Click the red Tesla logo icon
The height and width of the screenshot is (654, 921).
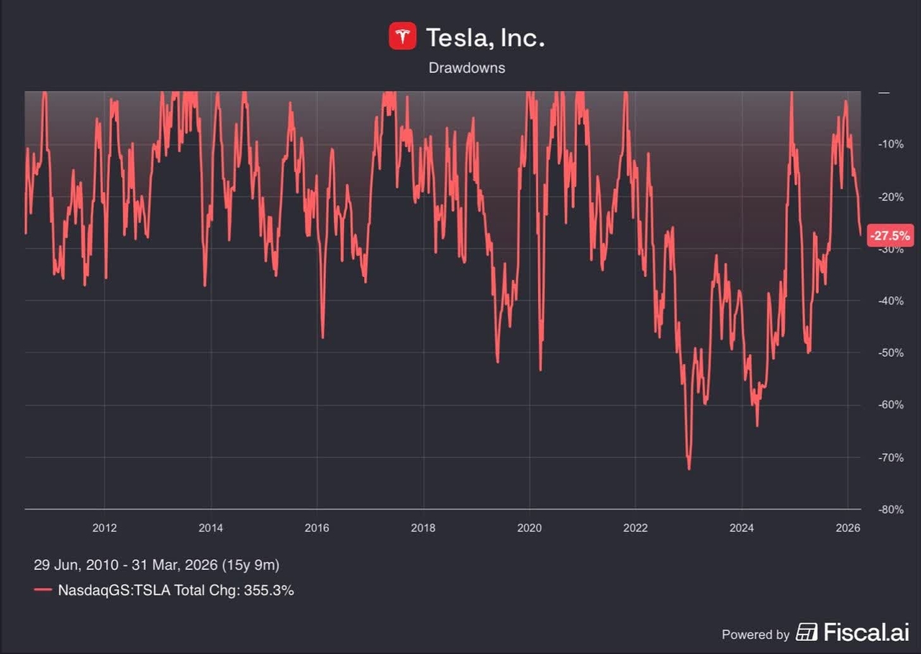click(402, 36)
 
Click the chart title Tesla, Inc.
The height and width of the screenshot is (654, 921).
click(485, 37)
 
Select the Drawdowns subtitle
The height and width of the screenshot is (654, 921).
click(467, 68)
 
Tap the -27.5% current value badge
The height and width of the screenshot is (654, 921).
click(890, 235)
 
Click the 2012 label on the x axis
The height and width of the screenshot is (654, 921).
click(104, 527)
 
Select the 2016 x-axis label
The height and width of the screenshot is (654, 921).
click(317, 527)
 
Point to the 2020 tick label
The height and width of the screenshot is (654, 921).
click(529, 527)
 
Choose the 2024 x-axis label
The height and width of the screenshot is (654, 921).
click(741, 527)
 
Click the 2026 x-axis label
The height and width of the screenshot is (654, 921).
click(848, 527)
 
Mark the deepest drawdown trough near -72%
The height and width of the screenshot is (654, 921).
click(689, 468)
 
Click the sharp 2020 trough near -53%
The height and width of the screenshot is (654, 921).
click(540, 370)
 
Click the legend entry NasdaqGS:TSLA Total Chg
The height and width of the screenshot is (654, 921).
click(176, 590)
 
